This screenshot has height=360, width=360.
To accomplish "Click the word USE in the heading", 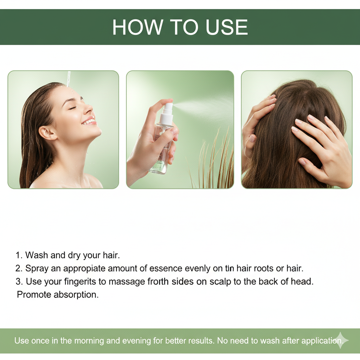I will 227,27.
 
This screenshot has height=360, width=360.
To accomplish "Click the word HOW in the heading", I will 137,27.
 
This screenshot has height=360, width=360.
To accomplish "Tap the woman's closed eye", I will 72,108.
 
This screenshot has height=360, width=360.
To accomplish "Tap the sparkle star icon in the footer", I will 340,340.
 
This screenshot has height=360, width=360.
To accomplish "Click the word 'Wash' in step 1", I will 37,255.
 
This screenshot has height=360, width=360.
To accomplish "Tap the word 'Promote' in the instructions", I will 34,295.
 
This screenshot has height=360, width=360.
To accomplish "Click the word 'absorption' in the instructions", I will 76,295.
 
